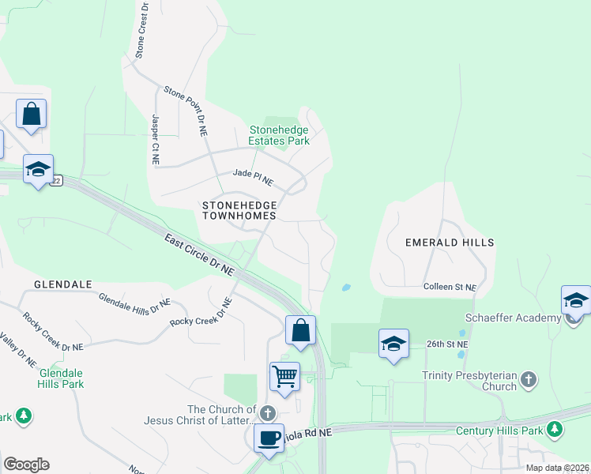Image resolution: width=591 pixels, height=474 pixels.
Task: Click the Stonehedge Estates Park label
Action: (x=279, y=135)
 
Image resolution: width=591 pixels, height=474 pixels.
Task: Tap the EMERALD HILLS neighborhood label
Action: (x=450, y=243)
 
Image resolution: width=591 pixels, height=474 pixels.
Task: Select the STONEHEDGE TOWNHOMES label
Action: (x=239, y=209)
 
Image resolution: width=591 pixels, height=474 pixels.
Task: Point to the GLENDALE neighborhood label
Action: (x=63, y=284)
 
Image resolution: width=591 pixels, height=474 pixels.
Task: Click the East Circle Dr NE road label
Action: (x=200, y=254)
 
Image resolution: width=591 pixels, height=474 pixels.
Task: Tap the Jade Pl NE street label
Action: (x=253, y=178)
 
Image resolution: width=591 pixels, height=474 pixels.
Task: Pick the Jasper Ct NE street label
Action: (x=156, y=139)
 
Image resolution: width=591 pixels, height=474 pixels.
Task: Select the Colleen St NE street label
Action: (x=450, y=288)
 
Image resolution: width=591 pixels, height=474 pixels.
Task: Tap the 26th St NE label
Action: (x=448, y=344)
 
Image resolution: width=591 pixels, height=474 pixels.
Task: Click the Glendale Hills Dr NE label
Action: (x=134, y=301)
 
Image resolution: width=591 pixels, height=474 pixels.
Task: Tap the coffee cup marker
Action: (x=269, y=437)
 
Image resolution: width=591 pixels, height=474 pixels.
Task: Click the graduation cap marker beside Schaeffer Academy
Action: (x=576, y=301)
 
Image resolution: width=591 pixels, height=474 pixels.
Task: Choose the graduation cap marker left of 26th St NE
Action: (x=393, y=344)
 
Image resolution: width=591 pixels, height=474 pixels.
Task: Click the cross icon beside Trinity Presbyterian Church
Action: (x=529, y=380)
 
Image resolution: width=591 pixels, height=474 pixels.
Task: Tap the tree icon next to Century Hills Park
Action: (x=555, y=430)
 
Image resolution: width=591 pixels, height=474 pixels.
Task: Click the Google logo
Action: (x=26, y=465)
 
